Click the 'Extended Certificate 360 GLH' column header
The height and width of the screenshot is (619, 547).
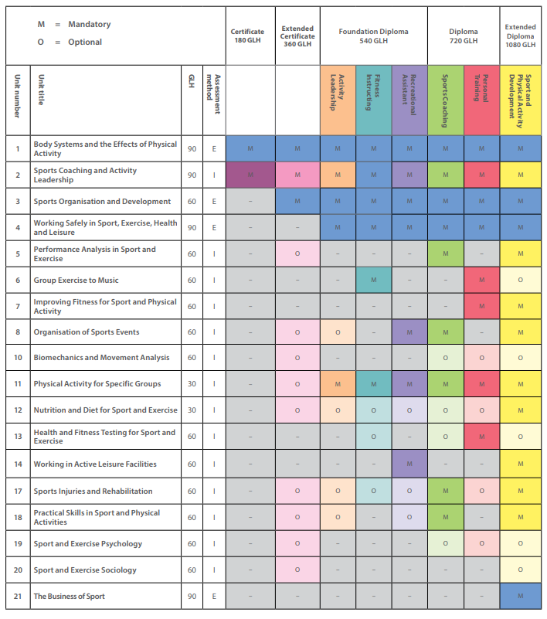(297, 36)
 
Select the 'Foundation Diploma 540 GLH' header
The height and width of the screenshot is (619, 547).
(373, 36)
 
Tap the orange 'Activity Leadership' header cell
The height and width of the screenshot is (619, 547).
(338, 100)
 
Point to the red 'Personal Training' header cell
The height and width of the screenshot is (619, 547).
(481, 100)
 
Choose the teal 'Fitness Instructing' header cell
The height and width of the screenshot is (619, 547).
(373, 100)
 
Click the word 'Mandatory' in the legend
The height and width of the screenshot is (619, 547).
(90, 24)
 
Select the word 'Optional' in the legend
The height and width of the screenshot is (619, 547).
(85, 42)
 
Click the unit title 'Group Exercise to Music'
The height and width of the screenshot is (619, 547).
(76, 281)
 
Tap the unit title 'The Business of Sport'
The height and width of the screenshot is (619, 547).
(69, 596)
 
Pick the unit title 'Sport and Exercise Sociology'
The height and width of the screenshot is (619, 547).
(85, 570)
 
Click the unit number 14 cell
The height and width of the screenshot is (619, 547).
(18, 464)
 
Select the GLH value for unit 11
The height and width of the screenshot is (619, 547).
(192, 384)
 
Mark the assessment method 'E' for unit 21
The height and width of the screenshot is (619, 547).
(214, 596)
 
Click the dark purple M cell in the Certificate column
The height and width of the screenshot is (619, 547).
(250, 175)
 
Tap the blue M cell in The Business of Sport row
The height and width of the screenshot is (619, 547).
(520, 596)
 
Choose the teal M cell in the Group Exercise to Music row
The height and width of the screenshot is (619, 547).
(373, 280)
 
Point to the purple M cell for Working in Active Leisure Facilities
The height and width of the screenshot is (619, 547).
(409, 464)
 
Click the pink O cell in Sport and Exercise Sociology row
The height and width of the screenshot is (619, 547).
(297, 570)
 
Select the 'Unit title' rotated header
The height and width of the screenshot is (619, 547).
(42, 90)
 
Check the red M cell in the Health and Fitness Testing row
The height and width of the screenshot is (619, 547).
(481, 436)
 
